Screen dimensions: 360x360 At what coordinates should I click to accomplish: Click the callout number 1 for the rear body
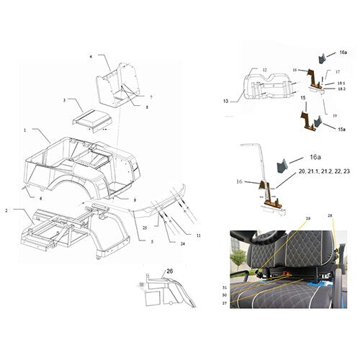[24, 130]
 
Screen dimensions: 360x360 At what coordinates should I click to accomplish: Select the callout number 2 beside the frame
[6, 210]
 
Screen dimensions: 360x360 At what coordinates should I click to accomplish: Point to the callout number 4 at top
[91, 55]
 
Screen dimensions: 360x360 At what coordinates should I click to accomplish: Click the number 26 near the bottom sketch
[170, 271]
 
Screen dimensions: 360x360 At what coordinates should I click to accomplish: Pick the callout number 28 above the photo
[330, 215]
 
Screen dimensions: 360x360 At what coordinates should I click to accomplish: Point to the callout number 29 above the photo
[307, 217]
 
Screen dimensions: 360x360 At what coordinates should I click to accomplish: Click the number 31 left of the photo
[224, 287]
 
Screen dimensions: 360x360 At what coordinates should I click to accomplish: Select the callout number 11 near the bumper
[199, 235]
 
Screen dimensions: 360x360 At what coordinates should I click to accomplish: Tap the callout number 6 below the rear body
[40, 198]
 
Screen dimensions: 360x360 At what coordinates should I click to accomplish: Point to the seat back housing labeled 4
[115, 84]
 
